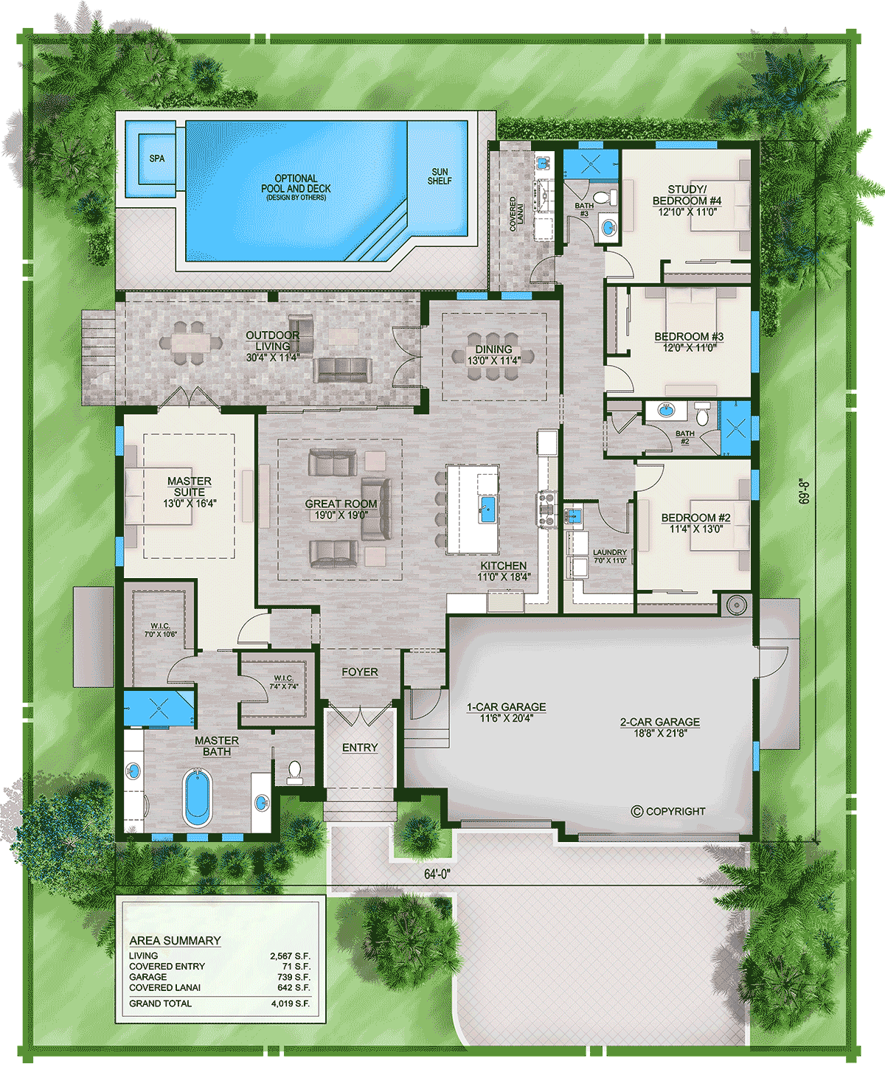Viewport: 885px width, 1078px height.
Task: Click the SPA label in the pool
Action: pos(157,159)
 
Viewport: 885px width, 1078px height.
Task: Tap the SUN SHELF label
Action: pos(440,176)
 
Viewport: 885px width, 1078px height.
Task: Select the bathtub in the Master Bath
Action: pos(196,798)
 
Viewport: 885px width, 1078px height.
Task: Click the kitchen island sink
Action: pos(487,508)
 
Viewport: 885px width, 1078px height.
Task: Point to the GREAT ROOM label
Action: pos(341,504)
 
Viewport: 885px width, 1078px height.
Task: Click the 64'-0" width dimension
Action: pos(437,874)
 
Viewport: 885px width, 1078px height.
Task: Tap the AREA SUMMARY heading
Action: pos(175,941)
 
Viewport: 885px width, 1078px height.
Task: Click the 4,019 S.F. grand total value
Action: pos(291,1004)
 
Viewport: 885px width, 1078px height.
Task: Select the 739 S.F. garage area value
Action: pos(295,977)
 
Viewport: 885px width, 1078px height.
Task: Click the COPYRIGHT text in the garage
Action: pos(669,811)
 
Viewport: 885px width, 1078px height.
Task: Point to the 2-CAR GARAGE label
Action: pos(660,722)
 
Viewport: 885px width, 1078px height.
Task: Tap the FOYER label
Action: pos(360,672)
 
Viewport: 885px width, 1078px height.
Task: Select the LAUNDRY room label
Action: pos(610,552)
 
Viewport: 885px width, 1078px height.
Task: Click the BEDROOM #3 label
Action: pos(689,336)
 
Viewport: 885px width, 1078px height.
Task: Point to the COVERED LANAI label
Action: pos(517,214)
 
